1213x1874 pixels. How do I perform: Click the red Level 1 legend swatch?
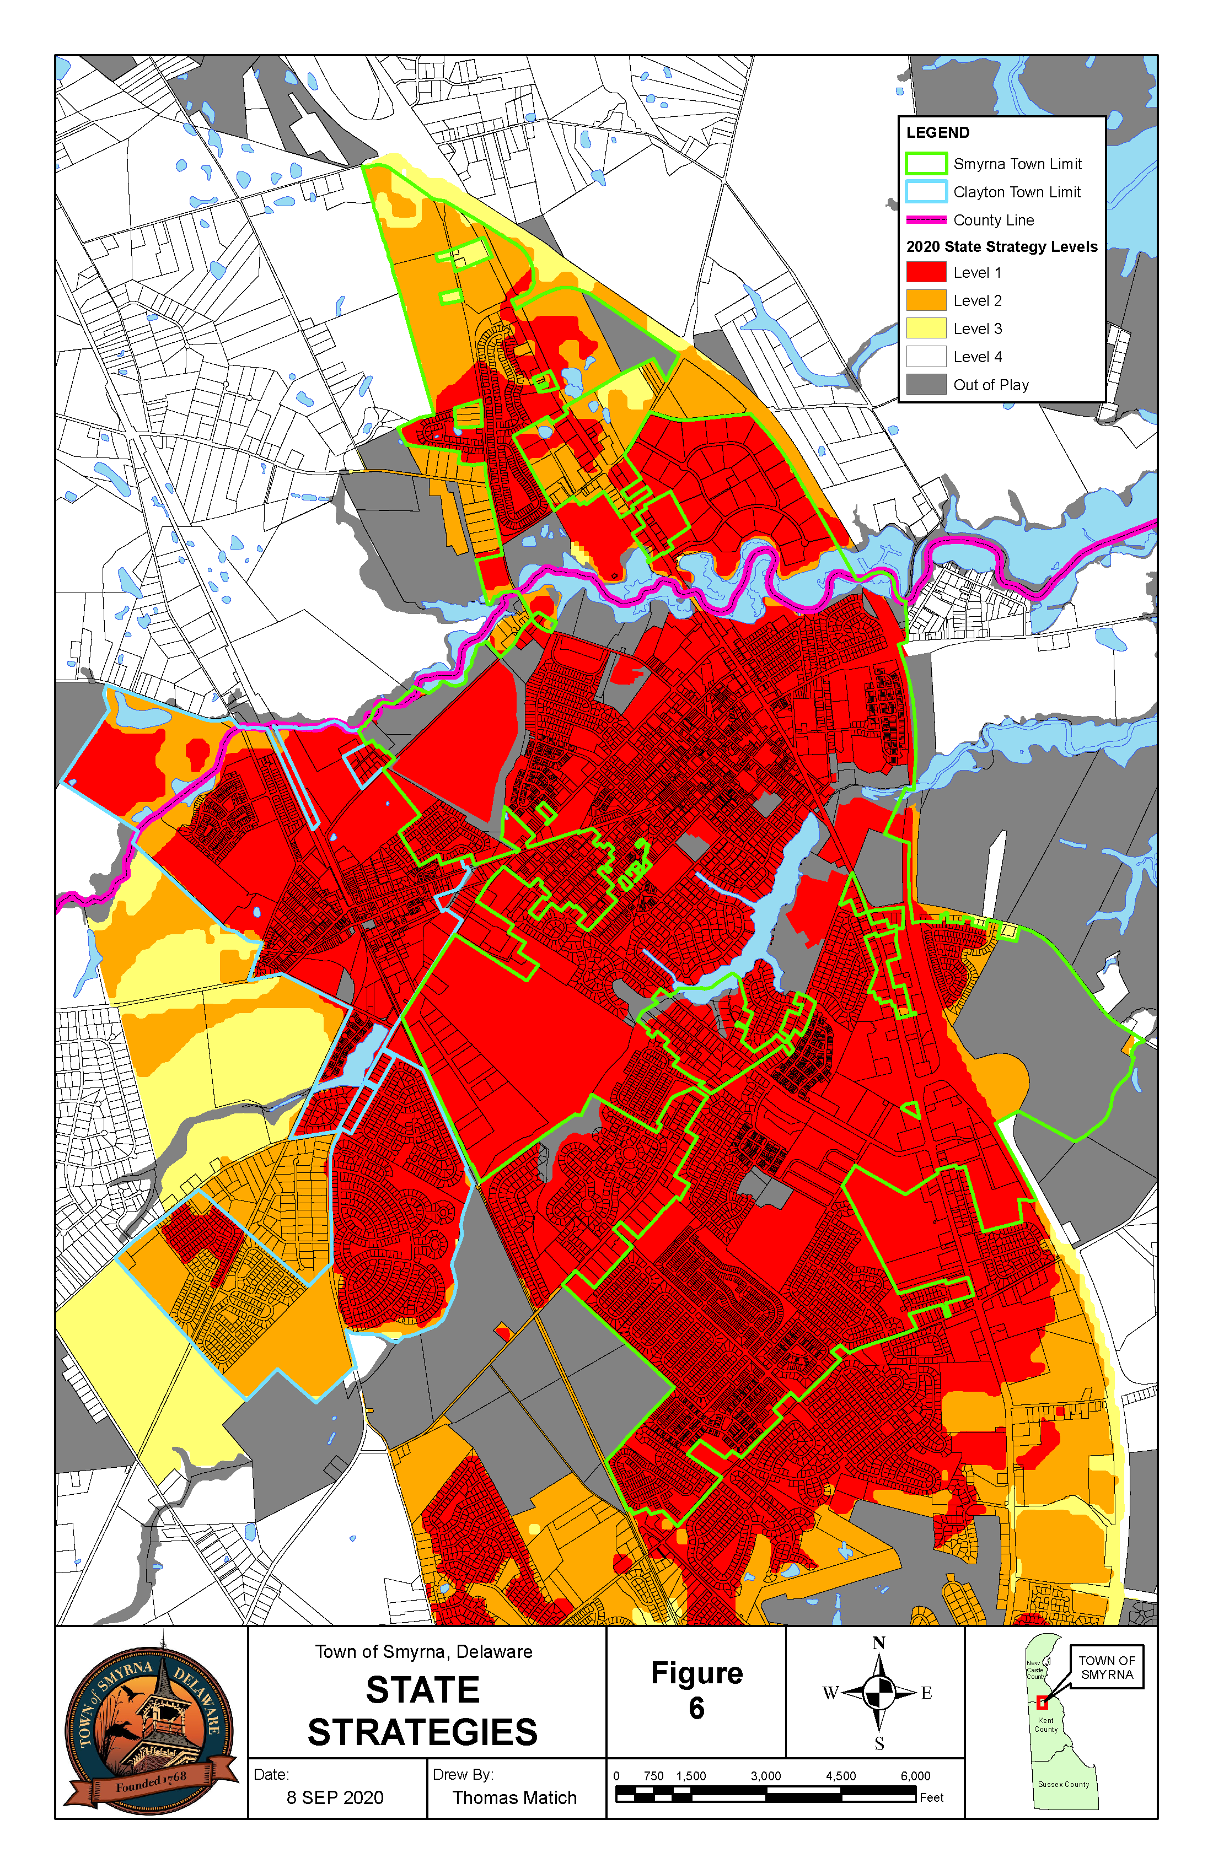pos(926,272)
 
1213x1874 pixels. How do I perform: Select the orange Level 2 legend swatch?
pos(926,300)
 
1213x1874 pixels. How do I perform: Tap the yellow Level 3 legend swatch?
pos(926,329)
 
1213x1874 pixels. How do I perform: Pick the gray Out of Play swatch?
pos(926,384)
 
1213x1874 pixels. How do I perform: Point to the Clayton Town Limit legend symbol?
pos(926,191)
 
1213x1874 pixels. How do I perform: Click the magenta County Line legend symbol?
pos(926,220)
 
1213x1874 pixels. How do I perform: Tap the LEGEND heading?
pos(937,132)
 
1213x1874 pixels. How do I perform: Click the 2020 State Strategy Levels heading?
pos(1001,246)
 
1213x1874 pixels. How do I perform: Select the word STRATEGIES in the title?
pos(422,1732)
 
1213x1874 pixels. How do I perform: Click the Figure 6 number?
pos(696,1708)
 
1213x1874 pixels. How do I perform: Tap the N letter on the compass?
pos(879,1643)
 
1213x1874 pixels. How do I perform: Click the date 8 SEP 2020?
pos(335,1797)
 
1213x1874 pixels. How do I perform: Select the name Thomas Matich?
pos(514,1797)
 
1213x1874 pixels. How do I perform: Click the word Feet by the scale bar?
pos(931,1797)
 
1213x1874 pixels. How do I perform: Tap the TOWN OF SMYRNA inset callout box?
pos(1106,1667)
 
